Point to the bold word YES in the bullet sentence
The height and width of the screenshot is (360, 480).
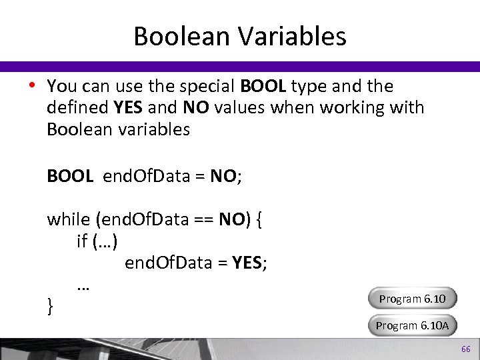(x=127, y=107)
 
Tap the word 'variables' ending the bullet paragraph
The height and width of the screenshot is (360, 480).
(x=156, y=129)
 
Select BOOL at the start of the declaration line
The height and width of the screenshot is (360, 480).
(x=70, y=176)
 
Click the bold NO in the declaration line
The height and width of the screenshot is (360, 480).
(x=223, y=176)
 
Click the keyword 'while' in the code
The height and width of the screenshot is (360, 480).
(x=69, y=219)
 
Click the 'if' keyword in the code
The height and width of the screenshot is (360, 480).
(x=82, y=241)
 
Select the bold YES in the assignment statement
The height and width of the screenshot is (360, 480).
(x=247, y=263)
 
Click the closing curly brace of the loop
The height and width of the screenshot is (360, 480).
(x=51, y=306)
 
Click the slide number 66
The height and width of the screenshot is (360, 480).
(x=466, y=349)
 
